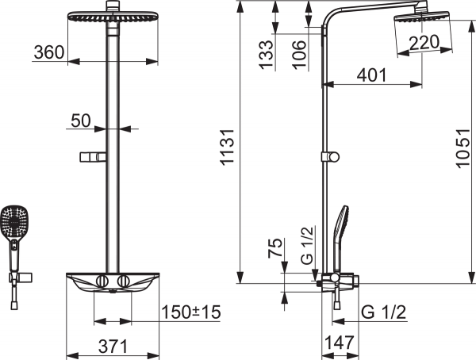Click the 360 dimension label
pos(49,52)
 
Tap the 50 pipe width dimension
pos(81,121)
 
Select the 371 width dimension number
pos(113,347)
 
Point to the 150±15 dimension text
pos(191,312)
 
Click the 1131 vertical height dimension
pos(228,147)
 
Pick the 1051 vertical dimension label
pos(463,147)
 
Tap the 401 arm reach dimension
pos(372,75)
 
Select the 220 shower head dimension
pos(424,42)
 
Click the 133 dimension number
pos(267,55)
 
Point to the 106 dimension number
pos(299,55)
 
